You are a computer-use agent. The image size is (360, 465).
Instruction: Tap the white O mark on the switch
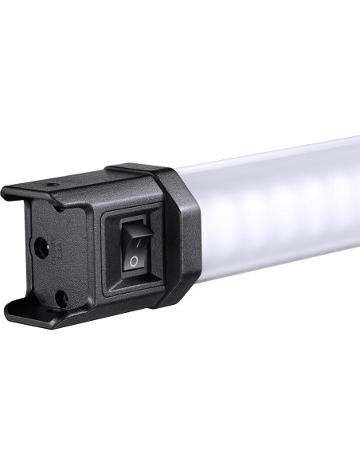click(x=135, y=260)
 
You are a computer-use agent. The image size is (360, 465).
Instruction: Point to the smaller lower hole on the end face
click(x=60, y=298)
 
